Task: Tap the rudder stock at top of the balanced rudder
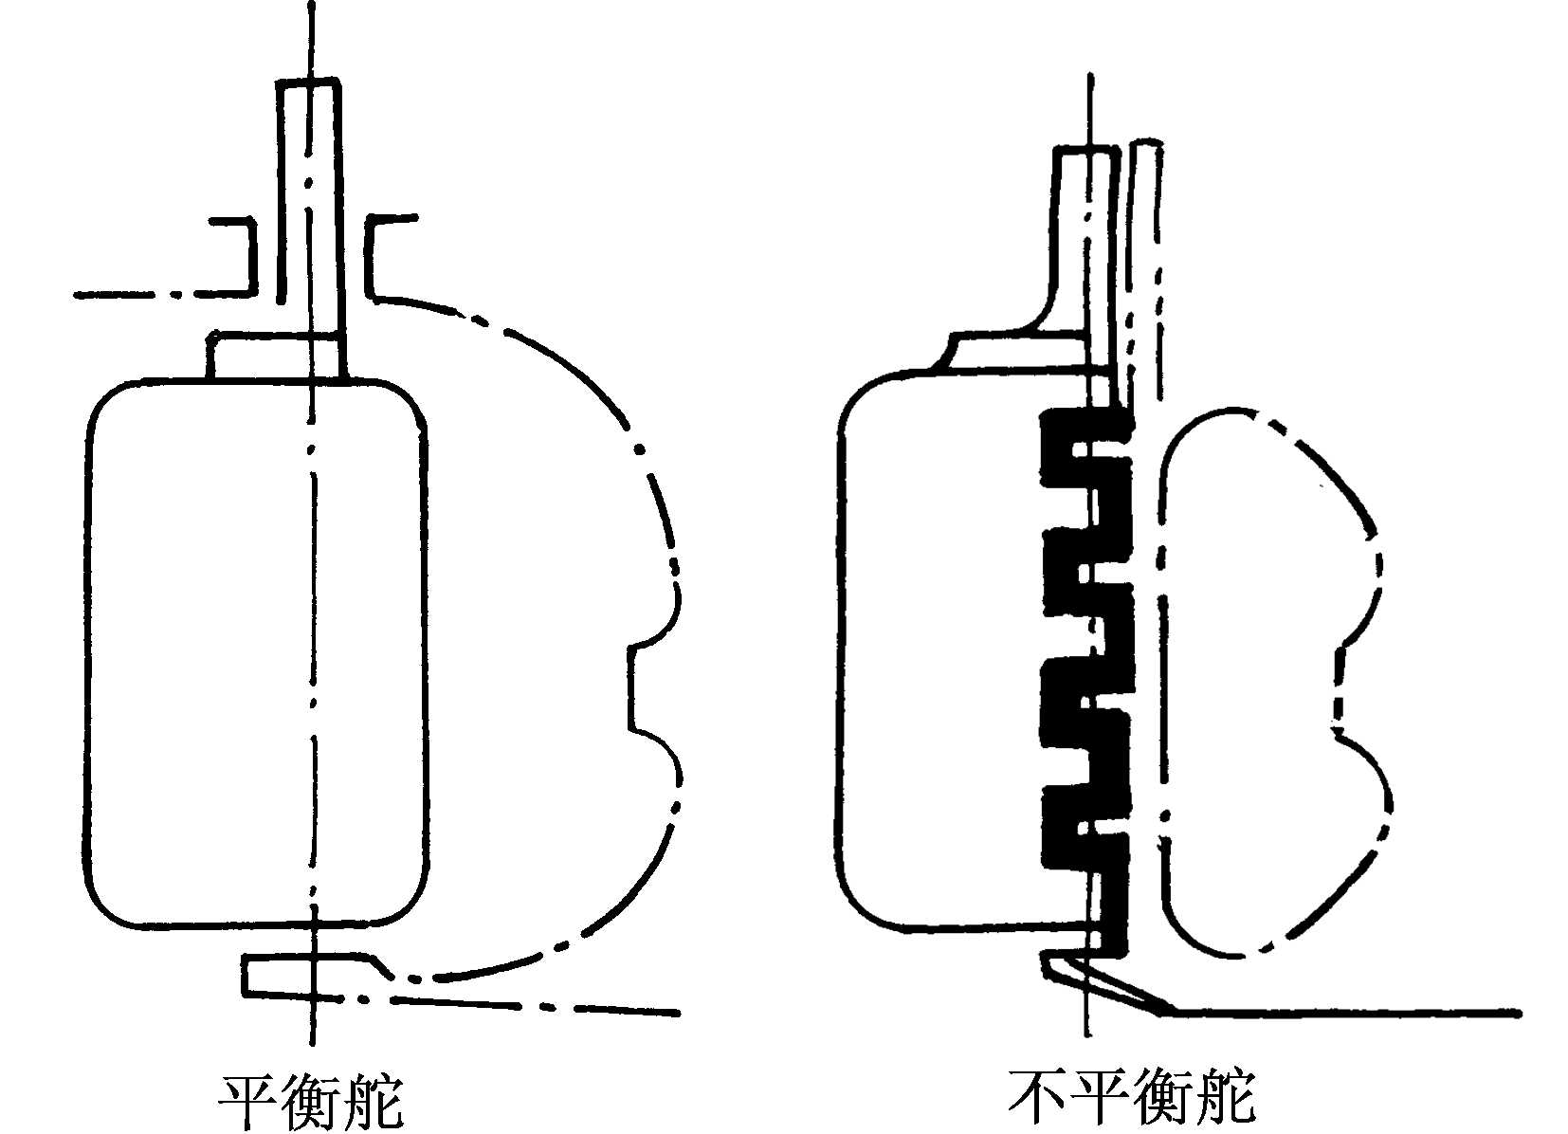pos(309,190)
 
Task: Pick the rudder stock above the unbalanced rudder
pos(1081,237)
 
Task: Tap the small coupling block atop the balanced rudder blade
pos(275,356)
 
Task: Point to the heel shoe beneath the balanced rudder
pos(313,977)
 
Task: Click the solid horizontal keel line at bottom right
pos(1346,1013)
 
